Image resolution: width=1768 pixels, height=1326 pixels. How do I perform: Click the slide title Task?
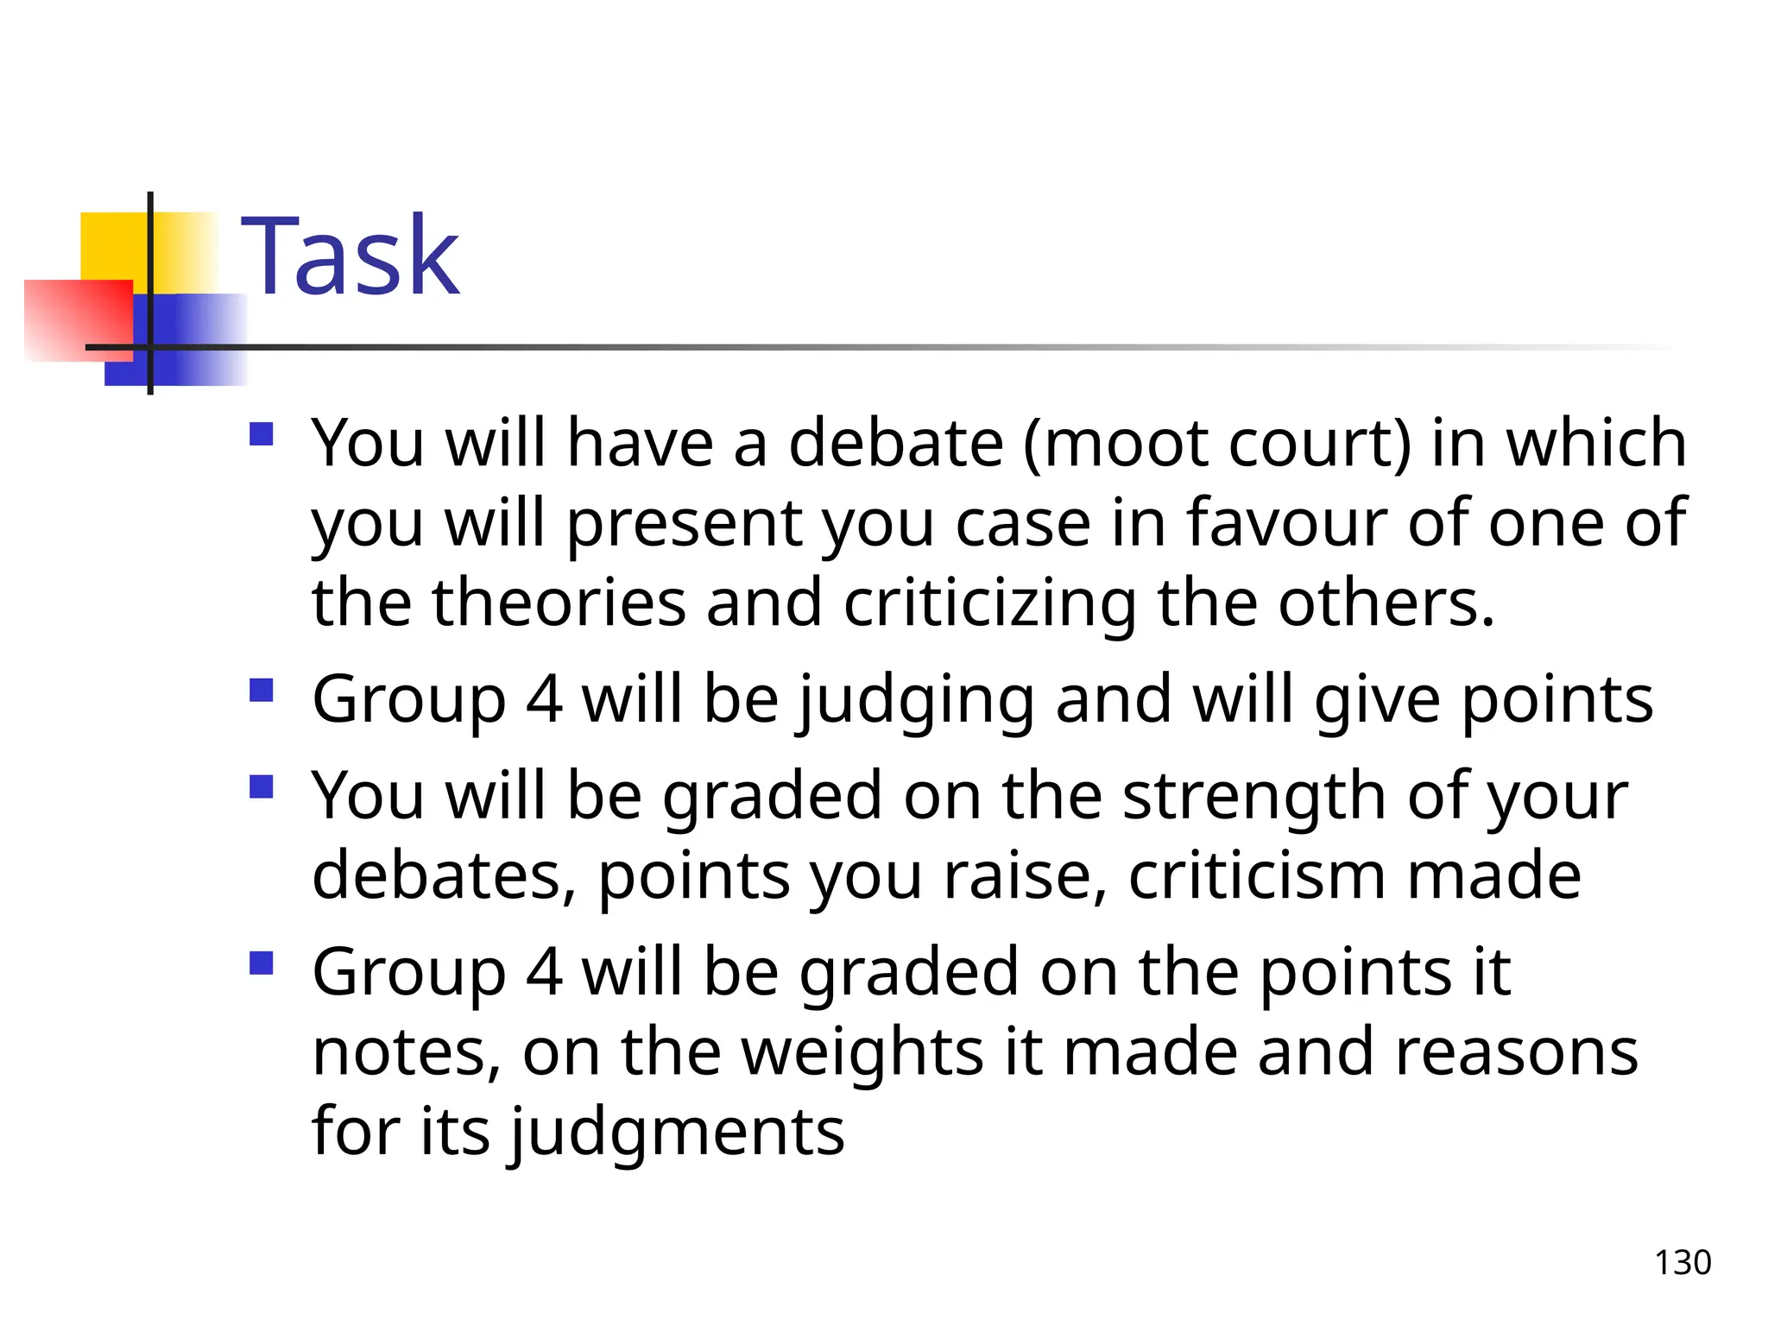[350, 257]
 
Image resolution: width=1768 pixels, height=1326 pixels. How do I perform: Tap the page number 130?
[1682, 1262]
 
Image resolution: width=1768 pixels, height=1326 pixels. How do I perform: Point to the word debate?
[895, 443]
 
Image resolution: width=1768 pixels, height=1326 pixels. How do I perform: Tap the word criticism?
[1256, 875]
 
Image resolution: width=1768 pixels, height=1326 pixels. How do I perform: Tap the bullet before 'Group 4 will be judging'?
[261, 690]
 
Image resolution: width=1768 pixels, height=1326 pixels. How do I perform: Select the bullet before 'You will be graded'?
[261, 786]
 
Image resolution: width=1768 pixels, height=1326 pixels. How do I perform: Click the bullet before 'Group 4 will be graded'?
[261, 963]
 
